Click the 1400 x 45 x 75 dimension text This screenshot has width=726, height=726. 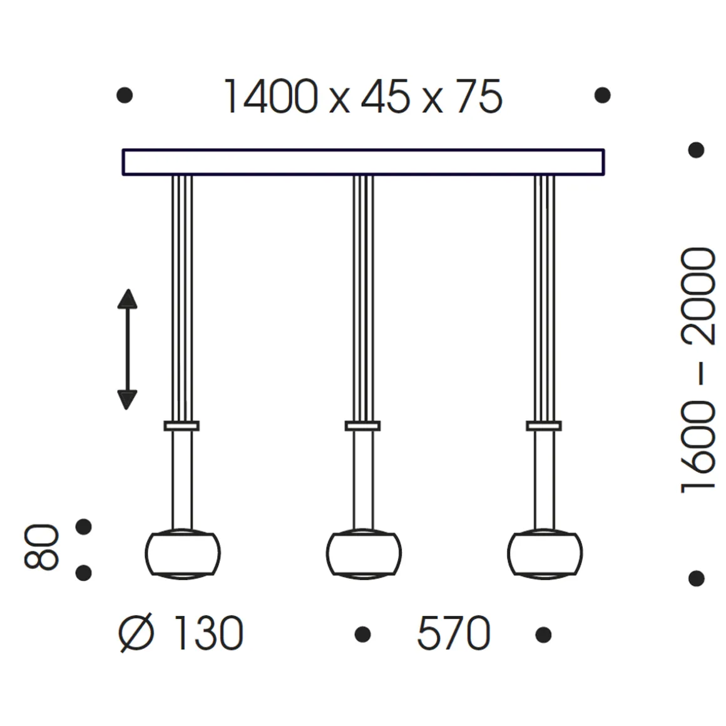pyautogui.click(x=362, y=98)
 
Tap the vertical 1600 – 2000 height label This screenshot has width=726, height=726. pyautogui.click(x=697, y=369)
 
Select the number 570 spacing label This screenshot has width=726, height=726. pyautogui.click(x=453, y=634)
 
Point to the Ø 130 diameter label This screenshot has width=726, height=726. pyautogui.click(x=181, y=633)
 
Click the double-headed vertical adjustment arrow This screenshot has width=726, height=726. pyautogui.click(x=127, y=349)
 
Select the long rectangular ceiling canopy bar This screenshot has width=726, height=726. pyautogui.click(x=363, y=161)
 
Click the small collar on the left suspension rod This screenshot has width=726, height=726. pyautogui.click(x=181, y=426)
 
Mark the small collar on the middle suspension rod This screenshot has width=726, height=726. pyautogui.click(x=362, y=426)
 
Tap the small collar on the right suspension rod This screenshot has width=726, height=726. pyautogui.click(x=544, y=426)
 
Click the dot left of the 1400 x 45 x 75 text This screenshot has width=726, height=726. pyautogui.click(x=125, y=95)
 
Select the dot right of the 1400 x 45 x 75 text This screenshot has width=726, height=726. pyautogui.click(x=602, y=95)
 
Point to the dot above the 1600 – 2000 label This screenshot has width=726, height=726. pyautogui.click(x=696, y=150)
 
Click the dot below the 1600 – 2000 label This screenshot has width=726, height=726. pyautogui.click(x=696, y=578)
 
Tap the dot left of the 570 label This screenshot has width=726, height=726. pyautogui.click(x=362, y=635)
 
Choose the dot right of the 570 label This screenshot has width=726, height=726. pyautogui.click(x=543, y=635)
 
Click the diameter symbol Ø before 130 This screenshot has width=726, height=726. pyautogui.click(x=136, y=633)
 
